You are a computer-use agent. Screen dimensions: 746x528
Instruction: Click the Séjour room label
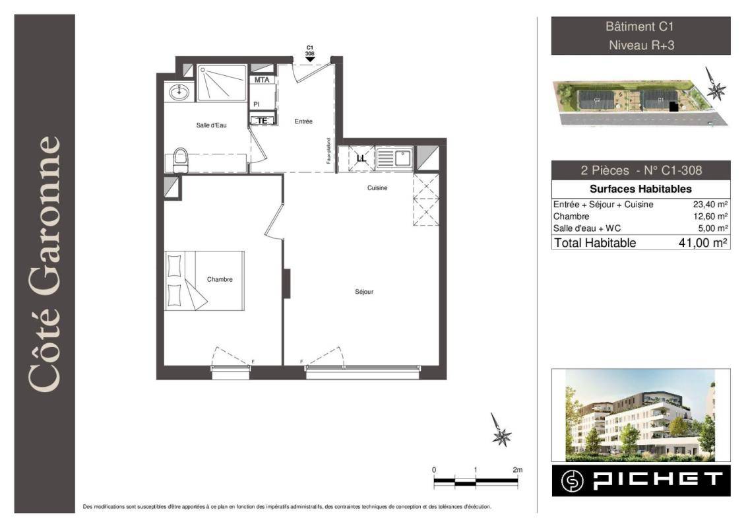tap(364, 292)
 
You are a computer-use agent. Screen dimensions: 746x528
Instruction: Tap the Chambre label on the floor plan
tap(220, 279)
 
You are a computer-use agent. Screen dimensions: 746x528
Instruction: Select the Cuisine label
tap(377, 188)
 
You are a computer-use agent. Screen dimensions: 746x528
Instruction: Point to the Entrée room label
tap(303, 121)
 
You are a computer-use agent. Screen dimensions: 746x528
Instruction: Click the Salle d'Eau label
tap(211, 125)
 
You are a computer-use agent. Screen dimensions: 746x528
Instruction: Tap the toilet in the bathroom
tap(180, 160)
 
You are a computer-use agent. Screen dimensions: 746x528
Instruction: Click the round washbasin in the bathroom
tap(179, 92)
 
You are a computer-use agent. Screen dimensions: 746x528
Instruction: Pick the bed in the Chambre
tap(204, 281)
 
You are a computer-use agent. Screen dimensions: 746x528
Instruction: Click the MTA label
tap(262, 80)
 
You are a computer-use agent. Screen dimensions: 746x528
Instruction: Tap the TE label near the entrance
tap(262, 121)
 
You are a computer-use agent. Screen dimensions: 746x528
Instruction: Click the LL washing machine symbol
tap(361, 158)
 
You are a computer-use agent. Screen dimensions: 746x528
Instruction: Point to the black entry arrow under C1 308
tap(310, 59)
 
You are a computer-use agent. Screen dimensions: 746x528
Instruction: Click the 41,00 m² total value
tap(702, 243)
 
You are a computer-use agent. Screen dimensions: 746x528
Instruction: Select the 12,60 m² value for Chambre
tap(710, 216)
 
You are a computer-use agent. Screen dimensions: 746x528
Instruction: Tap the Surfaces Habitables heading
tap(640, 189)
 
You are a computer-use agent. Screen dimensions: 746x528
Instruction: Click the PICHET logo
tap(641, 481)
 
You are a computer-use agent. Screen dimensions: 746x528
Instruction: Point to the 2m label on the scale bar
tap(518, 470)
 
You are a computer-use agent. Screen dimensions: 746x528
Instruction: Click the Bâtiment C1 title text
tap(640, 26)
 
